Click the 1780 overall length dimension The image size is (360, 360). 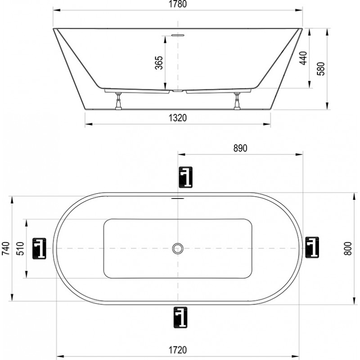tap(178, 4)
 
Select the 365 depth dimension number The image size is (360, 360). tap(159, 63)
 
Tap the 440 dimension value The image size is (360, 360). tap(303, 58)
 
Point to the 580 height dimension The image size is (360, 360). tap(321, 69)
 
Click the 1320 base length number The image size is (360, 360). tap(178, 118)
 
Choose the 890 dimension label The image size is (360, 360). tap(240, 148)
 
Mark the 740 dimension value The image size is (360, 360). tap(6, 248)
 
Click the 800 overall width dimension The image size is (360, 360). tap(348, 248)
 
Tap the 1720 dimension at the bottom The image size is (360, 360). tap(178, 350)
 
